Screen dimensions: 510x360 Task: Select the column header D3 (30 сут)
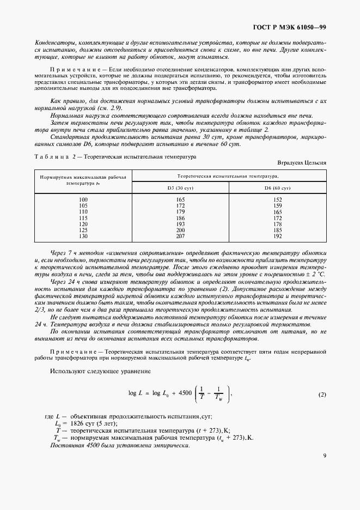pyautogui.click(x=180, y=187)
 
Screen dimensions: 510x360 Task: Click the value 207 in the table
pyautogui.click(x=180, y=236)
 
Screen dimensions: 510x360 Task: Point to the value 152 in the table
pyautogui.click(x=278, y=200)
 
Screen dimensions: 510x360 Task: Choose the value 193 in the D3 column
pyautogui.click(x=180, y=224)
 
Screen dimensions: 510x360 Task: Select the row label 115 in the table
pyautogui.click(x=83, y=218)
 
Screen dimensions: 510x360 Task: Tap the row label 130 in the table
pyautogui.click(x=83, y=236)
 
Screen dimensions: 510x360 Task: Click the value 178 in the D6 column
pyautogui.click(x=278, y=224)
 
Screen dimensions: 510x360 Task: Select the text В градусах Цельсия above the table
pyautogui.click(x=301, y=162)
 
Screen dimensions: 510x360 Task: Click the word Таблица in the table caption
pyautogui.click(x=52, y=156)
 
